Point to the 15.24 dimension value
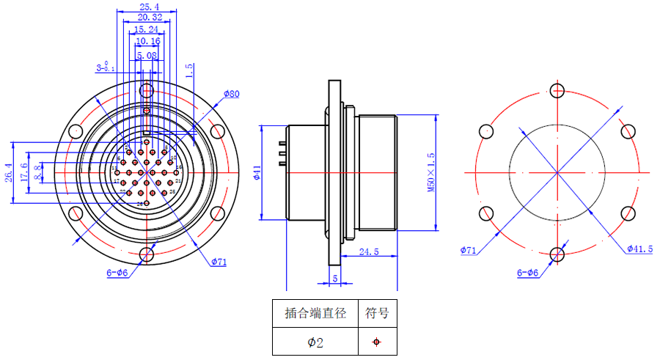click(146, 29)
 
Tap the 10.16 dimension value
click(147, 42)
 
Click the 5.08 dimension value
click(147, 55)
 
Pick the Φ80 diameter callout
click(232, 94)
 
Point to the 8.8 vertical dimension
click(38, 173)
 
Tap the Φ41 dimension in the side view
click(257, 173)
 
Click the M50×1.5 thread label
click(431, 173)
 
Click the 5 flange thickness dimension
click(335, 278)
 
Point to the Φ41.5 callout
click(639, 249)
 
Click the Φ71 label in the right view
click(469, 251)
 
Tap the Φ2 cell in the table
click(315, 342)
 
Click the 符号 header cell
click(377, 313)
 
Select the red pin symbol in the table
click(377, 342)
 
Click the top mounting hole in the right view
click(557, 91)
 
